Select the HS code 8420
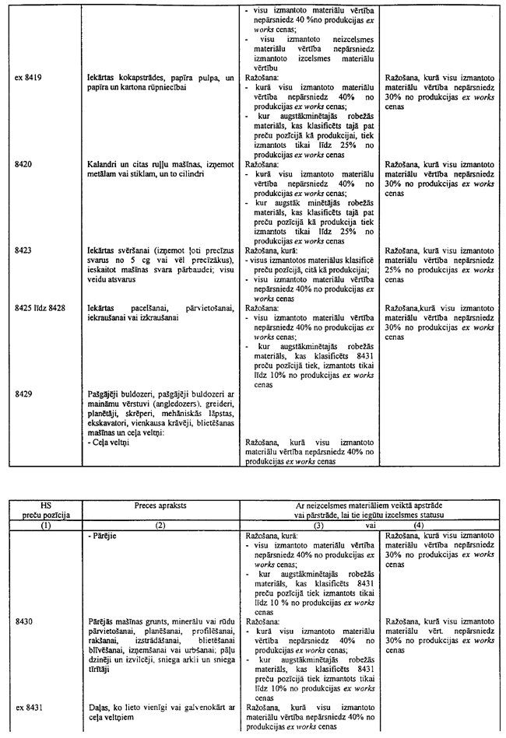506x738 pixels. pyautogui.click(x=23, y=166)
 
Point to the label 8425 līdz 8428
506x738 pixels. pyautogui.click(x=40, y=308)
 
